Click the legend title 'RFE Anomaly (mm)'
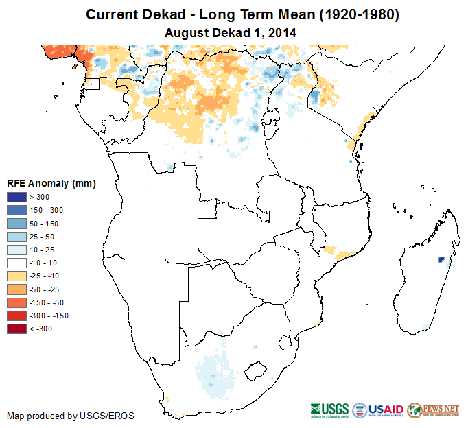(x=51, y=183)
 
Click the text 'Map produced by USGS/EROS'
(x=70, y=416)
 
